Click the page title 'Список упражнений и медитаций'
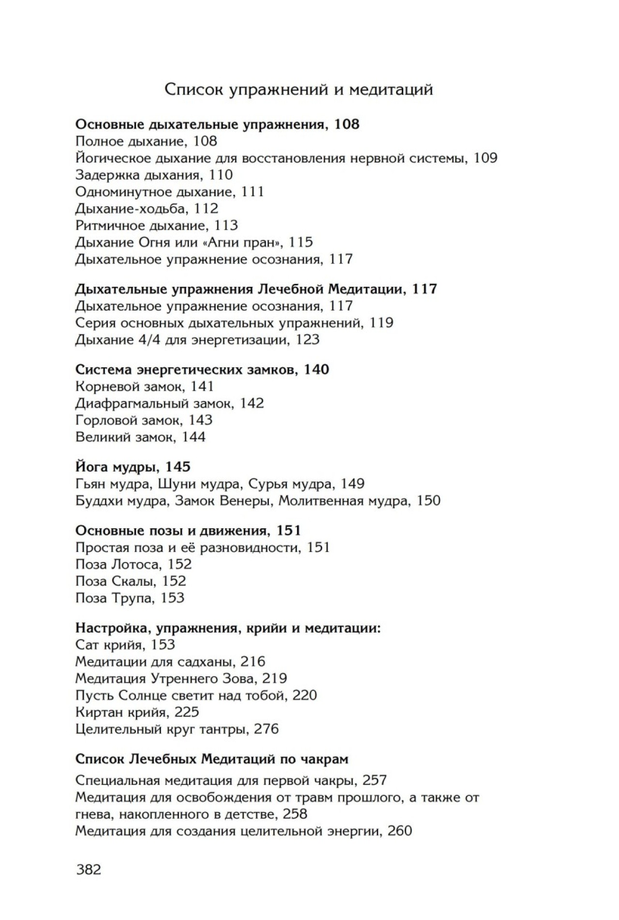[x=298, y=90]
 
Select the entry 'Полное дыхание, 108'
[x=146, y=141]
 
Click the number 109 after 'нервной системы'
[x=485, y=158]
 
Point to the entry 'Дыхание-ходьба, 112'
[x=147, y=208]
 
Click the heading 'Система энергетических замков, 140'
[x=202, y=370]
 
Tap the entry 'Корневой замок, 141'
[x=145, y=386]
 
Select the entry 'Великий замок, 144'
[x=140, y=437]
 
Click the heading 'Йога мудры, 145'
[x=133, y=467]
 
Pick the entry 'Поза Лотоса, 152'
[x=133, y=564]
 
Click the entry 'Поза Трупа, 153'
[x=130, y=598]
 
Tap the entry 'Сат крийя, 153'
[x=125, y=645]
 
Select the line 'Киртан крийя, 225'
[x=137, y=712]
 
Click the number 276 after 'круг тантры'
[x=266, y=729]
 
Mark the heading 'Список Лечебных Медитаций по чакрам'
[x=212, y=759]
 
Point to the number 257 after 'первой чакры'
[x=374, y=780]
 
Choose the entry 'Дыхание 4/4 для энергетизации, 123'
[x=197, y=340]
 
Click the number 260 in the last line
[x=399, y=831]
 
